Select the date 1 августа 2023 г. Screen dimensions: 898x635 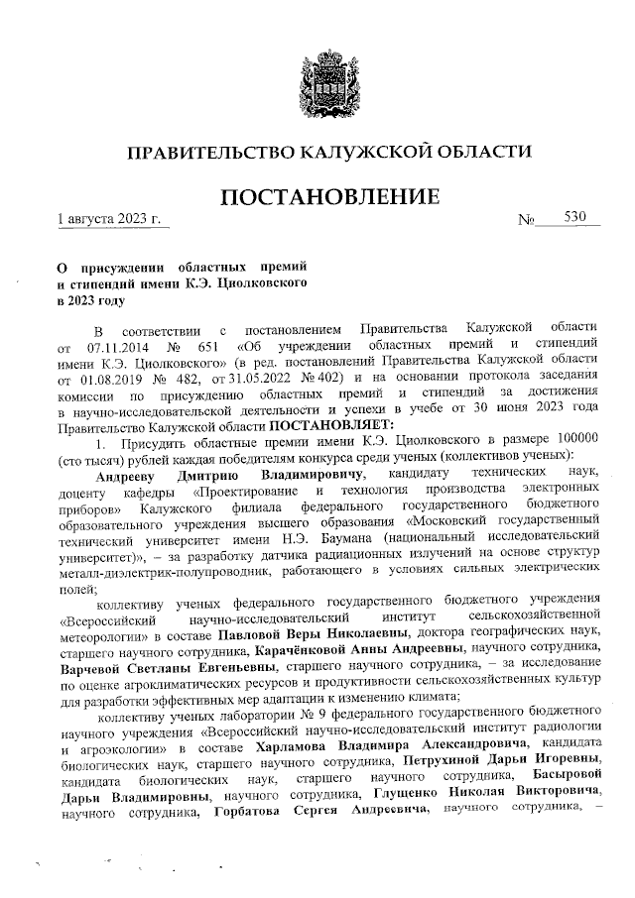tap(108, 216)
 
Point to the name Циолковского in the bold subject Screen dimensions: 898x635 tap(259, 283)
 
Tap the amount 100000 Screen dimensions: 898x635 tap(574, 437)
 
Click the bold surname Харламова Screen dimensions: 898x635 tap(322, 745)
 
